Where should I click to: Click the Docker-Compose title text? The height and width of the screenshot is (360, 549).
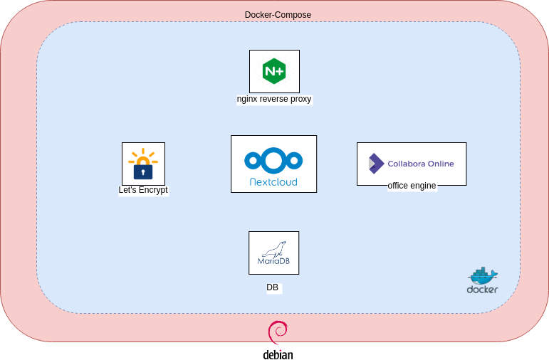(x=278, y=14)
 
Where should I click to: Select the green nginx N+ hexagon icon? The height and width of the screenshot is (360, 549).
(x=274, y=71)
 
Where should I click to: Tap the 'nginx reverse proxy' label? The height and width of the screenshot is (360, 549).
(x=274, y=100)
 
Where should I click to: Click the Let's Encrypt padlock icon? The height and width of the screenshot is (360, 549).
(x=143, y=171)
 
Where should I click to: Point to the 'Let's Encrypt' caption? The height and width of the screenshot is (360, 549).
(x=143, y=191)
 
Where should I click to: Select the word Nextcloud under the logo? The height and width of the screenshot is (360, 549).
(x=273, y=182)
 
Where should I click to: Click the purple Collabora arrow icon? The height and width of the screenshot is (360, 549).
(x=375, y=164)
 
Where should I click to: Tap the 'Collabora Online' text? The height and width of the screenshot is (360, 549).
(x=420, y=164)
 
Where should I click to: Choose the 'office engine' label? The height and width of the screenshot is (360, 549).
(x=412, y=186)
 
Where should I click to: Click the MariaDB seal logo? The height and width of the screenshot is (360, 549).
(x=273, y=248)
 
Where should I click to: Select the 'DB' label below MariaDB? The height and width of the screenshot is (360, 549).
(x=272, y=288)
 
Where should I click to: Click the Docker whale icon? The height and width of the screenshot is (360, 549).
(x=483, y=275)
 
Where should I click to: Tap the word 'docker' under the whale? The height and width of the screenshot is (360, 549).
(x=482, y=290)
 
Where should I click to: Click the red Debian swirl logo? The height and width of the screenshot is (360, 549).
(x=277, y=334)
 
